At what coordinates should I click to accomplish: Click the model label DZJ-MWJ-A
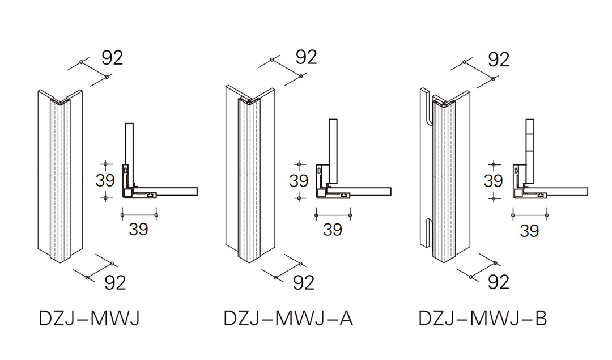coord(288,318)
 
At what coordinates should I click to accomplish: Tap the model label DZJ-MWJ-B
coord(483,318)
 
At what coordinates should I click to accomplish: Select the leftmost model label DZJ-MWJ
coord(89,318)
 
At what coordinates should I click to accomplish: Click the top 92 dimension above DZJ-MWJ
coord(112,57)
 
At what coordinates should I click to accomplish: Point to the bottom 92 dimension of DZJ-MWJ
coord(115,282)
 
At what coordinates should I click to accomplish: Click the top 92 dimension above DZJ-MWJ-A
coord(306,57)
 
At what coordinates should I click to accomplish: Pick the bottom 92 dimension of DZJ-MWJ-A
coord(304,282)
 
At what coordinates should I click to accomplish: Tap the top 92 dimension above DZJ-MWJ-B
coord(499,58)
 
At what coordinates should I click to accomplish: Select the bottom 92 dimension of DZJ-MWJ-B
coord(499,281)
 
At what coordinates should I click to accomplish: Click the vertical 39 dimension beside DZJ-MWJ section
coord(105,180)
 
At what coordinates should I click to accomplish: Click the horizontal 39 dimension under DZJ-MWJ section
coord(139,229)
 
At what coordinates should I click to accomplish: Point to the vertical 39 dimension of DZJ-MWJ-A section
coord(299,180)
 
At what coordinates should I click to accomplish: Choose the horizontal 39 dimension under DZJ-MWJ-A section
coord(333,230)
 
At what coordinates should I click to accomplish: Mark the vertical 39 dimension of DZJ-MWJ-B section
coord(493,180)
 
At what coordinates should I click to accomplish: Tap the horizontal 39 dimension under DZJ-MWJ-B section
coord(529,230)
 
